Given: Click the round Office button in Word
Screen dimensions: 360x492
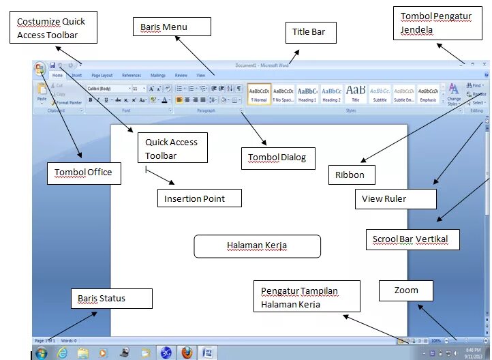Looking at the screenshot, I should pyautogui.click(x=40, y=68).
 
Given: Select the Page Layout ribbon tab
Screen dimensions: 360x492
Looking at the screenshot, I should pyautogui.click(x=102, y=75).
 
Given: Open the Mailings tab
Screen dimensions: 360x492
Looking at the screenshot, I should pyautogui.click(x=158, y=75).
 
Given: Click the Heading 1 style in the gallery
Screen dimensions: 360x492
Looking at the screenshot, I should pyautogui.click(x=307, y=93).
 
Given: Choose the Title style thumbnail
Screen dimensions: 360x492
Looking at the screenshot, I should pyautogui.click(x=356, y=93).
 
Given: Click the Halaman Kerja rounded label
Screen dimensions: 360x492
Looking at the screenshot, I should pyautogui.click(x=257, y=245).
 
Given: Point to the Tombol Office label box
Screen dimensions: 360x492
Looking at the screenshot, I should pyautogui.click(x=84, y=172).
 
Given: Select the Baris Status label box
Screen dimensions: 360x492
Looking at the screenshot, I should pyautogui.click(x=111, y=298).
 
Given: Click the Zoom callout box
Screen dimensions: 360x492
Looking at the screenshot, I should pyautogui.click(x=407, y=290).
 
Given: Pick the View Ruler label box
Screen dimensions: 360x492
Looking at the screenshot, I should pyautogui.click(x=395, y=198).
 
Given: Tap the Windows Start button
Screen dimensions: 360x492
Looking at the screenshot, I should pyautogui.click(x=41, y=352).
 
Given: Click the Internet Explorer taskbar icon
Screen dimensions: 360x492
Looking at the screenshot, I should pyautogui.click(x=63, y=352).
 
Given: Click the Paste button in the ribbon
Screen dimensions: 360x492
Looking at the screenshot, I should pyautogui.click(x=42, y=92).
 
